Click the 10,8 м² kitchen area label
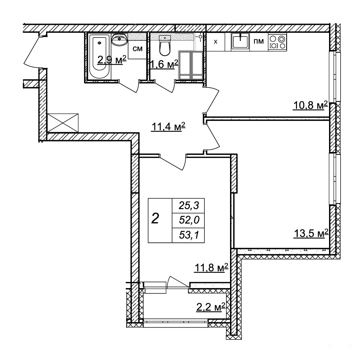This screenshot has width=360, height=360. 310,106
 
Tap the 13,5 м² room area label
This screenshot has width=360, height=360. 311,234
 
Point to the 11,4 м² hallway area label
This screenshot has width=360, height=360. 168,127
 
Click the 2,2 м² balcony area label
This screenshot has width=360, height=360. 210,307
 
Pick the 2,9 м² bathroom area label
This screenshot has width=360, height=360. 112,60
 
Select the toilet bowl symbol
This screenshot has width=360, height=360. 165,46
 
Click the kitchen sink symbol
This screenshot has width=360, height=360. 240,41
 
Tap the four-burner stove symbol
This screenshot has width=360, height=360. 277,41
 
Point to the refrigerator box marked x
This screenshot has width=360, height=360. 216,42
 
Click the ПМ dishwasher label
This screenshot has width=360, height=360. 258,41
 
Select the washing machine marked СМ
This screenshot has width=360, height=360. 138,49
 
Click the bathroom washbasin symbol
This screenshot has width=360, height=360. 120,39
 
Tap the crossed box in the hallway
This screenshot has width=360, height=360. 63,123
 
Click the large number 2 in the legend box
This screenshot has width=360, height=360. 156,218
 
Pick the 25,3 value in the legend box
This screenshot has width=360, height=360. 189,206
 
